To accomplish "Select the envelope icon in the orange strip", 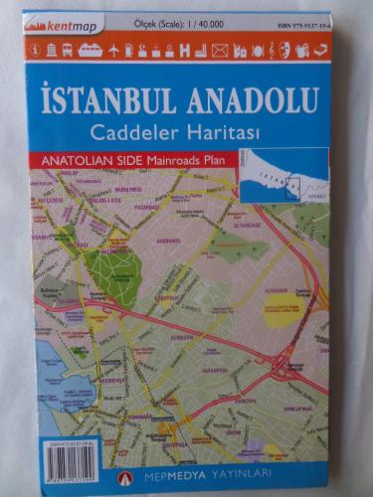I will (220, 49).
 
